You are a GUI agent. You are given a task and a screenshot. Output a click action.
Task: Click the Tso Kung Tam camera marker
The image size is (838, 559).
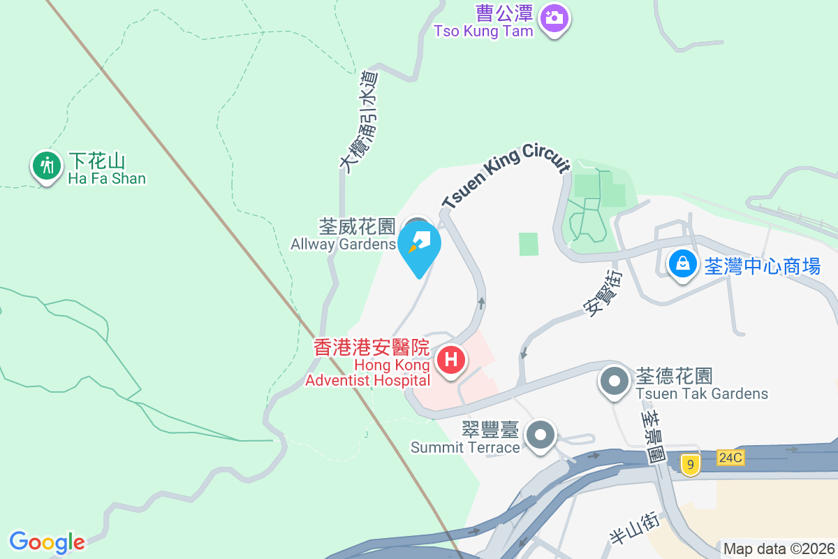(554, 17)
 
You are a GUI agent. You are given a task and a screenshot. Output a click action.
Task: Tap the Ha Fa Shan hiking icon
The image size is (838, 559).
(47, 166)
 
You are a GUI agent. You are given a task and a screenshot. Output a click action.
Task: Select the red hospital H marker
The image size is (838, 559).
(451, 361)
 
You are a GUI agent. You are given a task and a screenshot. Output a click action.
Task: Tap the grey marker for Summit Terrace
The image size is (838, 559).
(540, 435)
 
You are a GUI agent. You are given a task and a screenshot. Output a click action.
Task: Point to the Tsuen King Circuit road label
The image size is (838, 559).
(506, 179)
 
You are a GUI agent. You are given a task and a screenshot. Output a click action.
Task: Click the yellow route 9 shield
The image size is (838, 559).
(690, 464)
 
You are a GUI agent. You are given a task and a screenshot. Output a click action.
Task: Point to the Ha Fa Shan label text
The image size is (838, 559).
(107, 170)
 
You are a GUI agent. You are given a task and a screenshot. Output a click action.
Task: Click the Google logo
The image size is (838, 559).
(47, 542)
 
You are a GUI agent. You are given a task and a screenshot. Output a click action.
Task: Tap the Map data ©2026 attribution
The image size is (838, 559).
(779, 549)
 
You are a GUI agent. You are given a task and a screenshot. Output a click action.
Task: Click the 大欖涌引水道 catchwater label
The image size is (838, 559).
(359, 119)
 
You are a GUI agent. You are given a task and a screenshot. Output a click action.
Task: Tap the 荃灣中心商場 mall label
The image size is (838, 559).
(762, 266)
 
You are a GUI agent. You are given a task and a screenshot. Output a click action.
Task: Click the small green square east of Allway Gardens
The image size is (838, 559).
(529, 244)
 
